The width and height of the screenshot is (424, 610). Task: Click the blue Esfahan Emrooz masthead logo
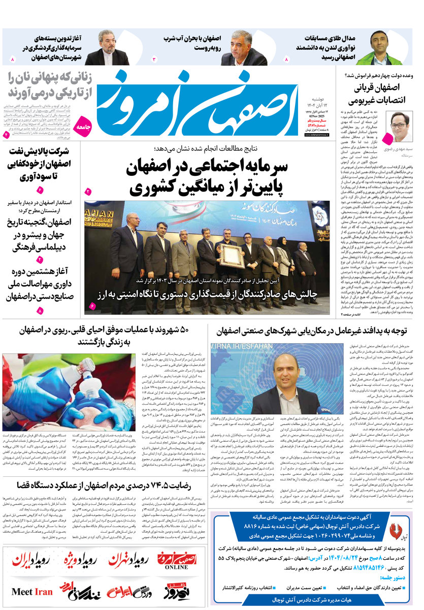203,102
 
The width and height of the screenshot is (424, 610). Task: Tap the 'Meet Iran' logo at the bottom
32,592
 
